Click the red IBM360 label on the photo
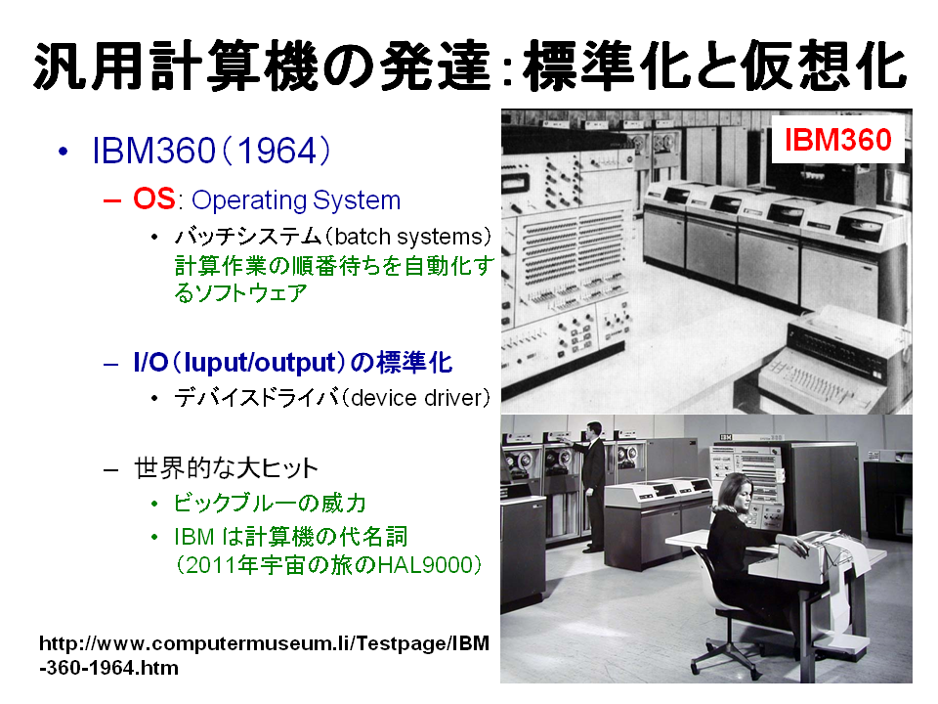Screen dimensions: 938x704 [837, 140]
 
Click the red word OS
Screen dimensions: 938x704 [153, 199]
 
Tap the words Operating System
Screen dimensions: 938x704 [296, 200]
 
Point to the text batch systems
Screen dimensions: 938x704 [408, 237]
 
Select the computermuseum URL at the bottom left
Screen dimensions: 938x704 [264, 655]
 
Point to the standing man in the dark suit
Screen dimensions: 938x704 [592, 486]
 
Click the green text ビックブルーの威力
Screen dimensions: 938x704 [270, 504]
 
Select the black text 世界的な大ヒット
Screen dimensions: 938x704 [226, 468]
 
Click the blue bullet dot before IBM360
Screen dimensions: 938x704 [63, 153]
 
